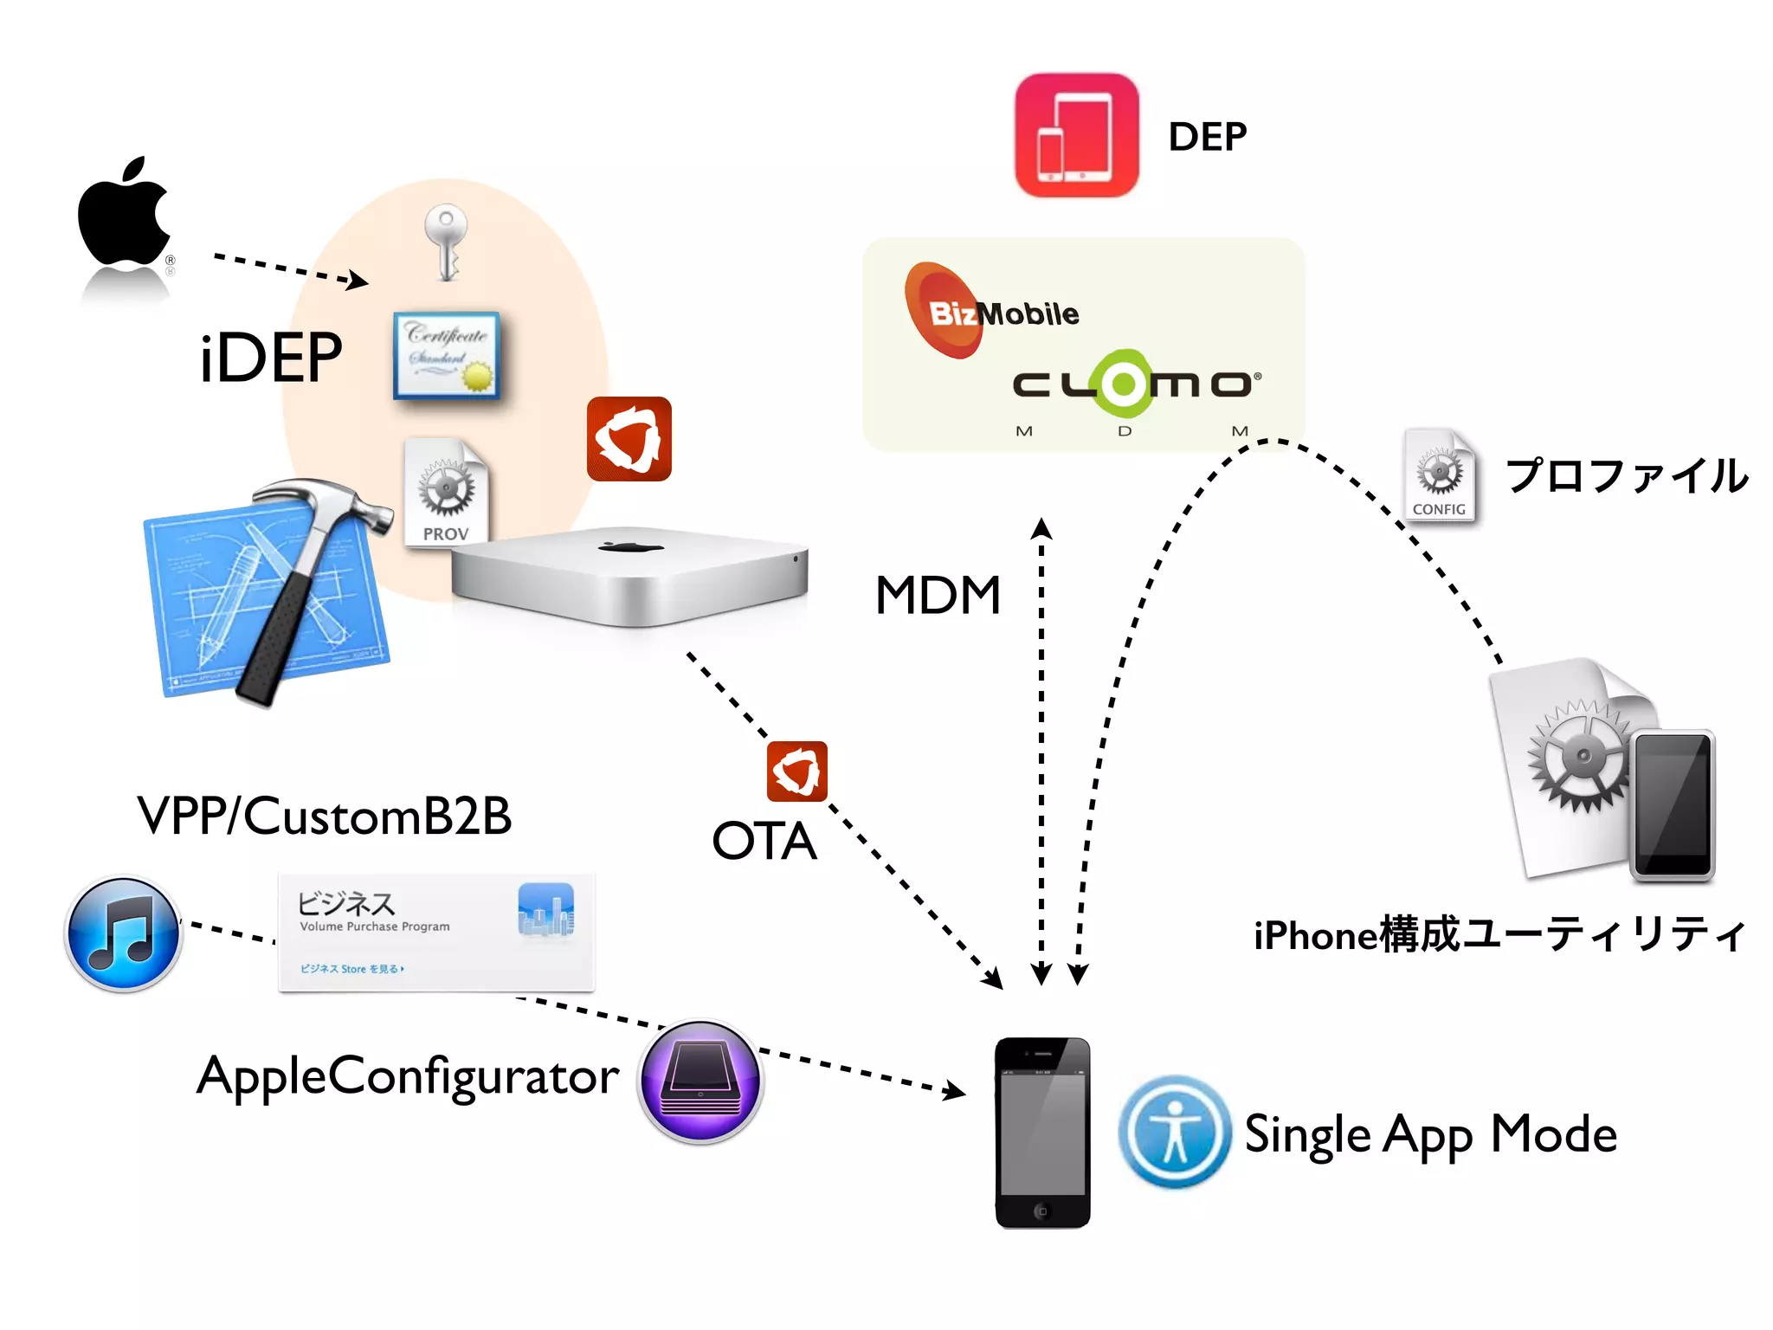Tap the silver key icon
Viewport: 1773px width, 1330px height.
coord(446,241)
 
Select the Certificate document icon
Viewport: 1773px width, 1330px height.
coord(447,356)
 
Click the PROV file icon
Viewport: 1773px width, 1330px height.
coord(446,492)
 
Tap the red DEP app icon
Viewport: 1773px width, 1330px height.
coord(1076,136)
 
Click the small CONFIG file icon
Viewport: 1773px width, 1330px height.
coord(1439,476)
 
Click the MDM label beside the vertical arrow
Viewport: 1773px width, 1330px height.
coord(938,596)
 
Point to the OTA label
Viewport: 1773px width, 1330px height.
coord(764,841)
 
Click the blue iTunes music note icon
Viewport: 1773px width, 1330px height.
coord(124,934)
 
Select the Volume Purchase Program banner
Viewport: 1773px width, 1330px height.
coord(436,933)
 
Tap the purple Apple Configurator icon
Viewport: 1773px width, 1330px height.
coord(700,1081)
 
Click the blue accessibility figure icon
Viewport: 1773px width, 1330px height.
coord(1174,1132)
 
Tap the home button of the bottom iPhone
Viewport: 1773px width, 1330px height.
coord(1042,1211)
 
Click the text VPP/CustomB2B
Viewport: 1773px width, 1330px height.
coord(325,816)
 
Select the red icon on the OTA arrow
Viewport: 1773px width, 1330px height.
coord(796,771)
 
